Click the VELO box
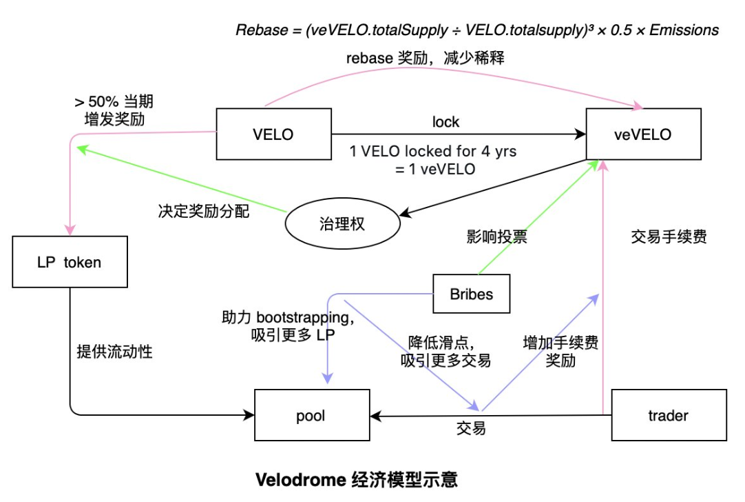point(273,134)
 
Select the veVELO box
point(643,134)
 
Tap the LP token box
point(70,262)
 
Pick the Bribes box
point(472,294)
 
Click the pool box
point(311,416)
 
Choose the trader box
point(669,415)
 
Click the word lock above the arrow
point(445,122)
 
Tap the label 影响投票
point(496,237)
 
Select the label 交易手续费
point(669,237)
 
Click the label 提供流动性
point(114,351)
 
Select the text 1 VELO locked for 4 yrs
point(432,151)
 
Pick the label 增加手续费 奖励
point(560,350)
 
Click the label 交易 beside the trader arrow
point(471,428)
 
